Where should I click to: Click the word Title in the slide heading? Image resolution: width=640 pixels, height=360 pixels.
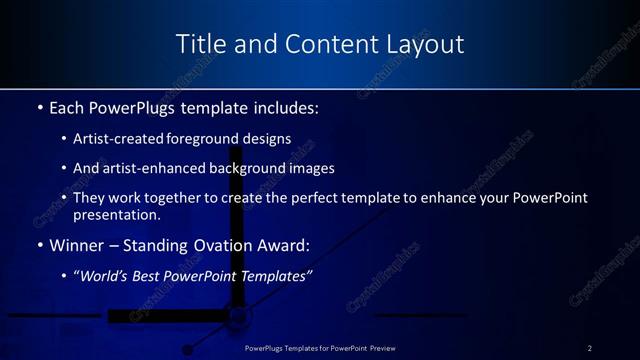point(198,44)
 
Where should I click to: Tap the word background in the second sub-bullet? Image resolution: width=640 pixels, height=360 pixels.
point(250,168)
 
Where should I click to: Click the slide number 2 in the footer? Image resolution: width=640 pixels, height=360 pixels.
point(590,348)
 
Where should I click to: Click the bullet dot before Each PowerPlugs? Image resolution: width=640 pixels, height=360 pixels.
point(39,107)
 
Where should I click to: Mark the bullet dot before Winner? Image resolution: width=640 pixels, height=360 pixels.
point(39,245)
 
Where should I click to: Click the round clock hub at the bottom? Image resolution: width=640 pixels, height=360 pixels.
point(239,318)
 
